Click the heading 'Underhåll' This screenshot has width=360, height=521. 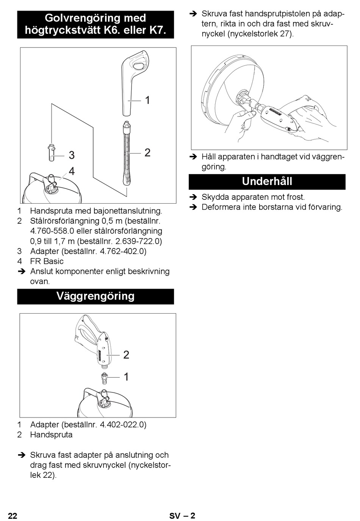point(267,182)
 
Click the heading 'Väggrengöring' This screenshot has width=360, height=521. point(95,296)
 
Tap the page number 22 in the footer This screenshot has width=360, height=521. point(13,516)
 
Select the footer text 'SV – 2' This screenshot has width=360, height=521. point(182,516)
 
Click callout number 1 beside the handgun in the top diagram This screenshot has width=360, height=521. point(147,100)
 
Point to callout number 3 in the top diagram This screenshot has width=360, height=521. point(72,155)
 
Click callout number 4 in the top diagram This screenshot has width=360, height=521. point(72,171)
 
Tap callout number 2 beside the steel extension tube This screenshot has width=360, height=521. point(147,152)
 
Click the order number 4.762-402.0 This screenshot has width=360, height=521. point(123,251)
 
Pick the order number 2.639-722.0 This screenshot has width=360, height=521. point(138,241)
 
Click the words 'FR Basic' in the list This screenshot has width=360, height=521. point(47,261)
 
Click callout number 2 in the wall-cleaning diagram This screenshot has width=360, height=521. point(126,355)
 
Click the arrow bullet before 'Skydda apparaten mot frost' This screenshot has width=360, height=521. point(193,197)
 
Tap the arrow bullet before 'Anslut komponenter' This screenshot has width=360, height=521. point(22,271)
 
